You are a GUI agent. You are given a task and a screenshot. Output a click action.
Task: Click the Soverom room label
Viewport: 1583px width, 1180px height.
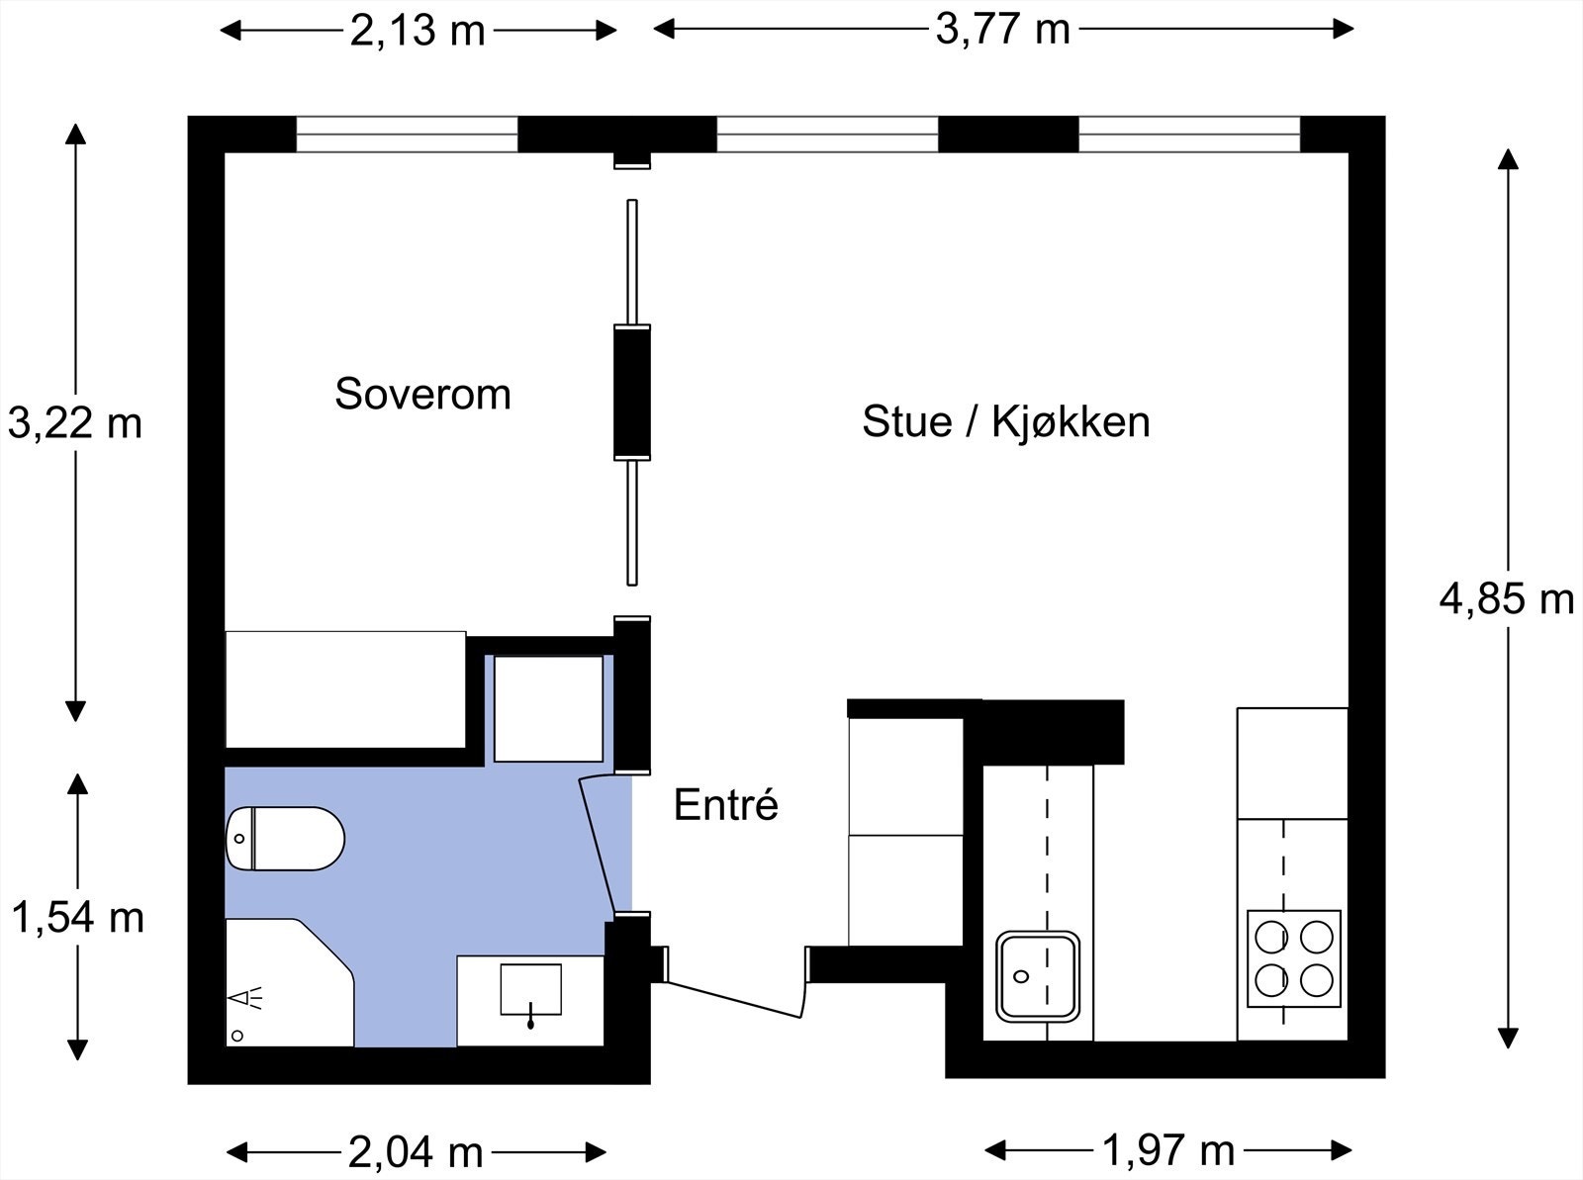tap(422, 394)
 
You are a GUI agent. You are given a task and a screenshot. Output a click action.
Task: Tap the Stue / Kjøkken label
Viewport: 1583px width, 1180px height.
tap(1005, 421)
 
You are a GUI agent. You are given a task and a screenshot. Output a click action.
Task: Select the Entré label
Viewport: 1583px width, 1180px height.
tap(725, 804)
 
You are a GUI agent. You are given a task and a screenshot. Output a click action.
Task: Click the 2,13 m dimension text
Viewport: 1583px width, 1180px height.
tap(417, 32)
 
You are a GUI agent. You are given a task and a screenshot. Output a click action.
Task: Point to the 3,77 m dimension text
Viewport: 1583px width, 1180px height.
tap(1002, 31)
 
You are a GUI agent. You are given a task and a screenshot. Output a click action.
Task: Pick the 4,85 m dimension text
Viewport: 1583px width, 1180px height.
tap(1507, 599)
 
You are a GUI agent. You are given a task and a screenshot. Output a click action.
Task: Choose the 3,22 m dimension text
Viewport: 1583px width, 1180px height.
tap(75, 422)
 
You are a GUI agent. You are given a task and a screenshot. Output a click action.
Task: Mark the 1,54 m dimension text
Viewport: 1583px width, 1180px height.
tap(78, 918)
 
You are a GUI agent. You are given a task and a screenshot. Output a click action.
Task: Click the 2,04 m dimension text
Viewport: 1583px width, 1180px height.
tap(416, 1152)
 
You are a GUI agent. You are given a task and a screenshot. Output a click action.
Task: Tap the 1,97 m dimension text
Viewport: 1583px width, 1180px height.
tap(1168, 1150)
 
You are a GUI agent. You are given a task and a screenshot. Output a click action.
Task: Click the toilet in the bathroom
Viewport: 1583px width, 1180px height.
tap(285, 839)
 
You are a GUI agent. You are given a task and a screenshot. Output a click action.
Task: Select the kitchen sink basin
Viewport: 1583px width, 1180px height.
tap(1038, 976)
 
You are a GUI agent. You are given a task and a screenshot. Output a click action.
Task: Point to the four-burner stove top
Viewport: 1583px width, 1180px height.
tap(1294, 958)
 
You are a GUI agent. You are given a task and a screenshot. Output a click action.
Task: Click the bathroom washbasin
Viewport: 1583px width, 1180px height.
tap(530, 990)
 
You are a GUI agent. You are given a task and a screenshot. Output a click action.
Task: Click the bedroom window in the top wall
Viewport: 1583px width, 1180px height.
tap(407, 135)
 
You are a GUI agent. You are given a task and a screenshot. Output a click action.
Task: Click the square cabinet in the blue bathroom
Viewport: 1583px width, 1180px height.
tap(548, 708)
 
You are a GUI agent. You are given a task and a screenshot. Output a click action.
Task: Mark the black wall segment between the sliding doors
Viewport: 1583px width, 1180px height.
tap(632, 392)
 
